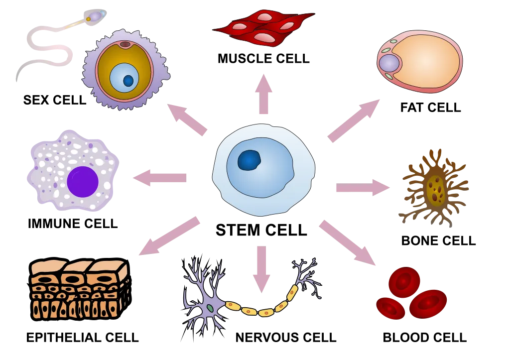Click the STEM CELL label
pyautogui.click(x=261, y=230)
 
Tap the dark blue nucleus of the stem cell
pyautogui.click(x=250, y=160)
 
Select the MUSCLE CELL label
pyautogui.click(x=263, y=59)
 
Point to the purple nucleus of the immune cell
pyautogui.click(x=83, y=182)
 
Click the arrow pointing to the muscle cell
pyautogui.click(x=263, y=94)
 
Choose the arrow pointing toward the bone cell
pyautogui.click(x=363, y=188)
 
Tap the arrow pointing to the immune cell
pyautogui.click(x=159, y=178)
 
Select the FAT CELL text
pyautogui.click(x=430, y=108)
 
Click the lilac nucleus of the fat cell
pyautogui.click(x=389, y=63)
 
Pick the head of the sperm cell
pyautogui.click(x=94, y=16)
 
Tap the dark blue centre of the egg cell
pyautogui.click(x=128, y=80)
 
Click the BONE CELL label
pyautogui.click(x=438, y=240)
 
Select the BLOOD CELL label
pyautogui.click(x=425, y=337)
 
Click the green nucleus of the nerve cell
pyautogui.click(x=211, y=307)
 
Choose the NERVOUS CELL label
pyautogui.click(x=286, y=337)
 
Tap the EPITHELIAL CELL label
pyautogui.click(x=83, y=337)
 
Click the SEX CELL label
pyautogui.click(x=55, y=100)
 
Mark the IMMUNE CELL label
pyautogui.click(x=73, y=224)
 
